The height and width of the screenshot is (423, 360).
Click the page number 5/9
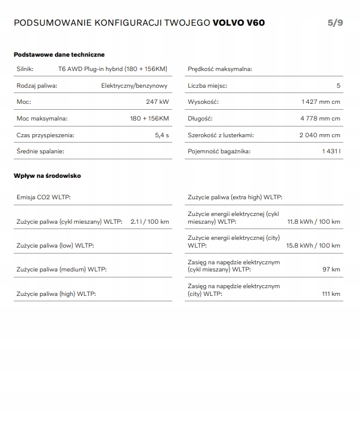coord(335,23)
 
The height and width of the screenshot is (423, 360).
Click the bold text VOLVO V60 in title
coord(238,23)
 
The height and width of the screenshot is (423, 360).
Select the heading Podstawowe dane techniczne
coord(58,54)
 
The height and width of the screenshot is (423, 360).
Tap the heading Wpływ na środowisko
coord(47,176)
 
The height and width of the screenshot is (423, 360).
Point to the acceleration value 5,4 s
coord(162,135)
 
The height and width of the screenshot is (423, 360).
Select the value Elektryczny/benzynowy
coord(135,85)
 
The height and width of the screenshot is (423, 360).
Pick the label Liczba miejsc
coord(207,85)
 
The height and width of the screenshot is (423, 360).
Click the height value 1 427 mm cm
coord(321,102)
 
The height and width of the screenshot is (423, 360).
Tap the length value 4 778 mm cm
coord(320,118)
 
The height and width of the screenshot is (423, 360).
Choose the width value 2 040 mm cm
coord(319,135)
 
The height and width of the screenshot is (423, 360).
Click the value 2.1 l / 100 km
coord(150,222)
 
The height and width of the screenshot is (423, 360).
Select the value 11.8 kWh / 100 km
coord(314,222)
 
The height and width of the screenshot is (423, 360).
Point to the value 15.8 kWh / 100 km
coord(314,245)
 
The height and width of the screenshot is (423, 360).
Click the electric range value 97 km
coord(331,269)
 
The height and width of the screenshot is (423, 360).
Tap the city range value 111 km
coord(331,294)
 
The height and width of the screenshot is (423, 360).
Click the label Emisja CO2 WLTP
coord(44,197)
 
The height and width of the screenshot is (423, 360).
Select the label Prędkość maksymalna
coord(219,69)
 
